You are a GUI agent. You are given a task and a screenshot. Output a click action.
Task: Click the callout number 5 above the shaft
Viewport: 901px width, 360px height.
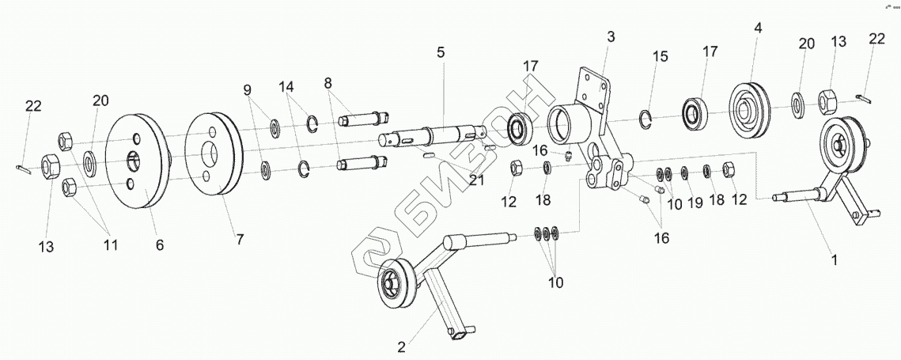(441, 52)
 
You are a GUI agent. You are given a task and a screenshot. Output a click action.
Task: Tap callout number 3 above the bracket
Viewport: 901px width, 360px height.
(611, 36)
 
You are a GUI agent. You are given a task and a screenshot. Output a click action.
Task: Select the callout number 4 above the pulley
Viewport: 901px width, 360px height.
(758, 28)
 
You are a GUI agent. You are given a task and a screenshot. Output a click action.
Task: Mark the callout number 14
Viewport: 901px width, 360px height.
(286, 84)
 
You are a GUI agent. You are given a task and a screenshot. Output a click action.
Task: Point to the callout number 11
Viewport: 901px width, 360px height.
(110, 245)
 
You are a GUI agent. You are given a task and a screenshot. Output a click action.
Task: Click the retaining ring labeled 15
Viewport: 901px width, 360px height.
(647, 120)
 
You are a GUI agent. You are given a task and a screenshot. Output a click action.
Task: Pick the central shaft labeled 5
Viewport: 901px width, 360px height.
(439, 135)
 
